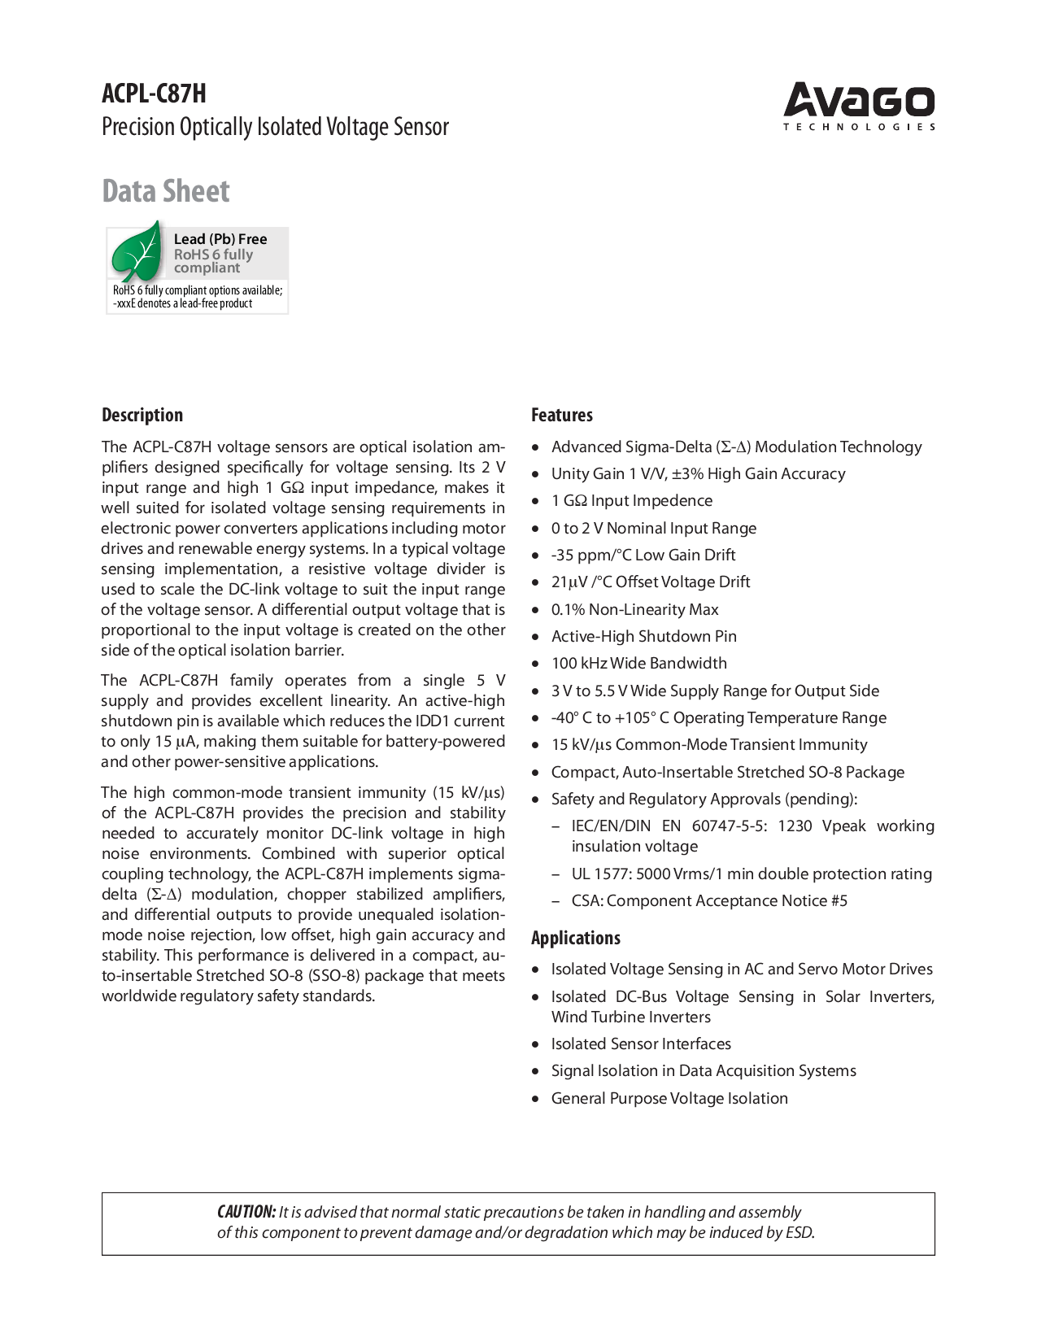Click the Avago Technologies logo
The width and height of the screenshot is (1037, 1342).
click(x=859, y=106)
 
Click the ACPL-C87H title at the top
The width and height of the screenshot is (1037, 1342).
click(x=154, y=94)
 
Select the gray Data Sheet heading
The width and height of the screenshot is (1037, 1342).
click(x=166, y=191)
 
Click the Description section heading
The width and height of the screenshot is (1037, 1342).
click(x=142, y=415)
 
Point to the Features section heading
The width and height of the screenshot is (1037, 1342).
click(x=562, y=415)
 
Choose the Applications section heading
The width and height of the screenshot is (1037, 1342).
click(x=576, y=938)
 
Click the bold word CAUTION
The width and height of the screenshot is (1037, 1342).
click(x=246, y=1212)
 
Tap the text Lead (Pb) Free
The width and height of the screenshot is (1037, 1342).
click(x=220, y=239)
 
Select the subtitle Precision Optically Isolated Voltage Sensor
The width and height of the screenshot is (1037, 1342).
click(x=275, y=127)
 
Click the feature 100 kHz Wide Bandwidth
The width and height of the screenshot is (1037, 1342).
click(x=639, y=664)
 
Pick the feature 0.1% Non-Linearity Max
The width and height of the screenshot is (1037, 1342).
click(x=635, y=609)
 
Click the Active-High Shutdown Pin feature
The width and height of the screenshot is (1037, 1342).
click(x=644, y=636)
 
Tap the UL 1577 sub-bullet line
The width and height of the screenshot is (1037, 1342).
click(x=752, y=874)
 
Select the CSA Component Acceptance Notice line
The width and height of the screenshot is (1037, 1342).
click(x=709, y=900)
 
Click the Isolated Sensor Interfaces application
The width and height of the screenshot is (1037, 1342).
click(x=641, y=1044)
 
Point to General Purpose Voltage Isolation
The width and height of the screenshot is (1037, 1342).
click(x=669, y=1098)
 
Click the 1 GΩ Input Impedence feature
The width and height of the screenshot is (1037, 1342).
click(x=632, y=501)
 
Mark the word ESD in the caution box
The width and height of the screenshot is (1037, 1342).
click(x=799, y=1232)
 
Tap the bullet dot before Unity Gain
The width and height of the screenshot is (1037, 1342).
click(x=535, y=474)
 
